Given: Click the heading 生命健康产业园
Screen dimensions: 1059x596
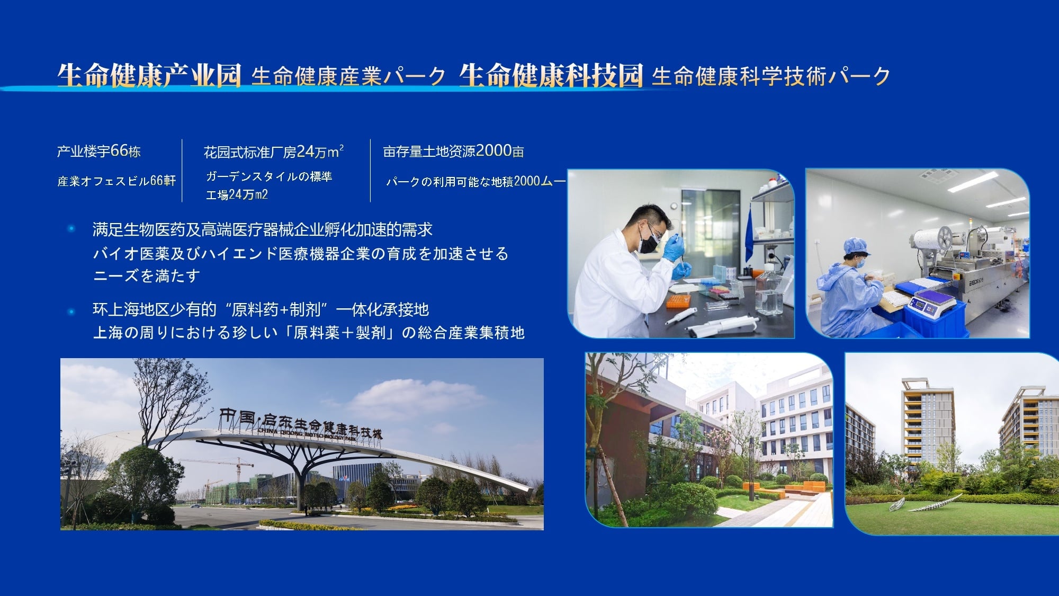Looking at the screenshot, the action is pyautogui.click(x=149, y=75).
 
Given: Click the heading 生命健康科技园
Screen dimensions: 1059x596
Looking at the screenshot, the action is pyautogui.click(x=551, y=75).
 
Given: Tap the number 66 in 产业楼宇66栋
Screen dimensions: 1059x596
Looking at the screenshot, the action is pyautogui.click(x=119, y=150).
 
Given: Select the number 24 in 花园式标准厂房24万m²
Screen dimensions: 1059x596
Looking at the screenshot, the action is pyautogui.click(x=306, y=152).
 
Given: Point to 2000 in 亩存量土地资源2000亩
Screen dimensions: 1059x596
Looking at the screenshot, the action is pyautogui.click(x=493, y=150).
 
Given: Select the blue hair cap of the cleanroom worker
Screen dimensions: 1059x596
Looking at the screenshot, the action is pyautogui.click(x=856, y=246).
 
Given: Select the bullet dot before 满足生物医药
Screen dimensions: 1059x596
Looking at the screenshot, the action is pyautogui.click(x=71, y=229).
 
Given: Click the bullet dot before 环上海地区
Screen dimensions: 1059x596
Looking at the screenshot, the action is pyautogui.click(x=71, y=311).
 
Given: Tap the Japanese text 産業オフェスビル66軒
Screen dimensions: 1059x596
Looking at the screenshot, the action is pyautogui.click(x=116, y=181).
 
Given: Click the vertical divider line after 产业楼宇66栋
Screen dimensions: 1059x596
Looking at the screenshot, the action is pyautogui.click(x=182, y=171).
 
